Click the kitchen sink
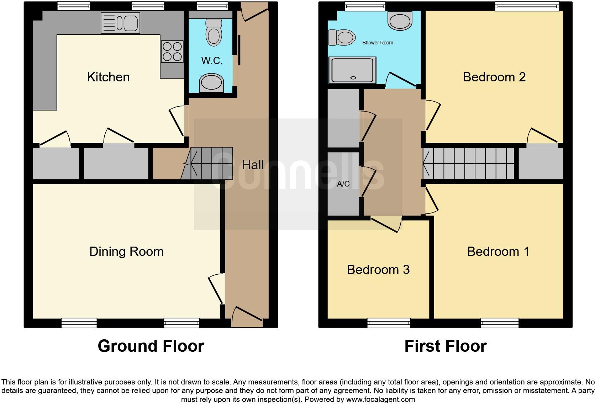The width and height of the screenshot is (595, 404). (x=120, y=23)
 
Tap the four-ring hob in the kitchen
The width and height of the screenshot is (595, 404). (x=172, y=52)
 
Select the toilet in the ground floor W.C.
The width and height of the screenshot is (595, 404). (x=214, y=32)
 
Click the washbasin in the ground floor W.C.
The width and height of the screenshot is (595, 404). (x=211, y=83)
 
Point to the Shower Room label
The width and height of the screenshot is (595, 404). (x=378, y=43)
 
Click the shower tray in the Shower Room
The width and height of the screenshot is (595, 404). (x=352, y=70)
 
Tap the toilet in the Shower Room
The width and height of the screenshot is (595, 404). (x=342, y=37)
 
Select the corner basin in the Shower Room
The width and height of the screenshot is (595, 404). (x=400, y=20)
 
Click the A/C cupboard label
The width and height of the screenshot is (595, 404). (x=343, y=184)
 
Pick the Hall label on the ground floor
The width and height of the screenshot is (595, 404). (x=253, y=165)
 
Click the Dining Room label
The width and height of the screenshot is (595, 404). (x=126, y=252)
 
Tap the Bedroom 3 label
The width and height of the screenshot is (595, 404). (x=378, y=270)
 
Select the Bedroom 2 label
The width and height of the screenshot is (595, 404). (x=494, y=77)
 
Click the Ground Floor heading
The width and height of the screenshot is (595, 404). (x=151, y=346)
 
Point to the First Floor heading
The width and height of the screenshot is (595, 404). (x=445, y=346)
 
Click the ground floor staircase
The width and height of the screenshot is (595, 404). (x=208, y=163)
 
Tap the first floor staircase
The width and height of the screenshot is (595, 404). (x=468, y=163)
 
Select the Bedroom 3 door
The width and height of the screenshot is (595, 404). (x=386, y=224)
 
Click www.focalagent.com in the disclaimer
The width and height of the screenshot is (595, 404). (x=380, y=399)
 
